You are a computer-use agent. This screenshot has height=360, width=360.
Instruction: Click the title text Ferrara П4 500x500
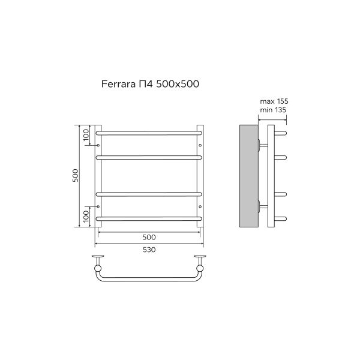coord(150,84)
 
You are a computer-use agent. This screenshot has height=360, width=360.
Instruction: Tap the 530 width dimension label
coord(149,250)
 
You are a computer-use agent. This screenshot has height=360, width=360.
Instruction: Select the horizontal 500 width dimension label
coord(149,237)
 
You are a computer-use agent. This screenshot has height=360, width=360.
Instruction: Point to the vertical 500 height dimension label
coord(76,176)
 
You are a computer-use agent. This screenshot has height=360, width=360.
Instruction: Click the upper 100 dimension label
coord(86,135)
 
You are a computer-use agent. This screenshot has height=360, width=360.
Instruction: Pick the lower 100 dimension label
coord(86,216)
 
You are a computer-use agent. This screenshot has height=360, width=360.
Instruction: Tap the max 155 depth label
coord(274,101)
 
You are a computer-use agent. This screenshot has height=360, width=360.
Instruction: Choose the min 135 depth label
coord(273,110)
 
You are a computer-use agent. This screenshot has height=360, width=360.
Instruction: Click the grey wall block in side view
coord(249,176)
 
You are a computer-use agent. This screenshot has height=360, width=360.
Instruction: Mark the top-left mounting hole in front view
coord(98,145)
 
